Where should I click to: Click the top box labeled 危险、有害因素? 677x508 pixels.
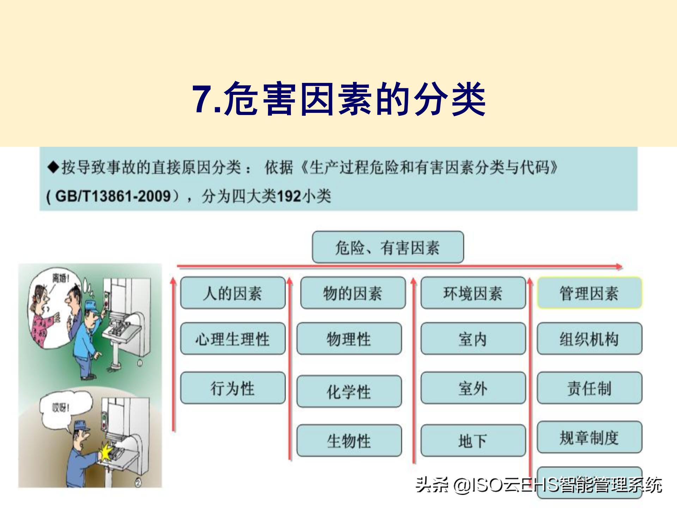tap(388, 247)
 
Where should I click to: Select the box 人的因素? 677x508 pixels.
tap(233, 293)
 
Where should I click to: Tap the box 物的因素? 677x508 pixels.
tap(353, 293)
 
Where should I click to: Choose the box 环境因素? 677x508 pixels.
tap(473, 293)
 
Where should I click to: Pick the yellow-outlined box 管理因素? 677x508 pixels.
tap(589, 293)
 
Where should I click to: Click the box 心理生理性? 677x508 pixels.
tap(233, 339)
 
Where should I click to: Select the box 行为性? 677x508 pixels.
tap(233, 388)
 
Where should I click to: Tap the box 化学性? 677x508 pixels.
tap(349, 391)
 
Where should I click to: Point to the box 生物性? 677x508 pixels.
tap(349, 441)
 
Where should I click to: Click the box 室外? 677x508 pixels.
tap(473, 388)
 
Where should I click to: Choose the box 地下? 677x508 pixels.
tap(473, 441)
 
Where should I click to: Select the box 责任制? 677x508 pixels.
tap(589, 388)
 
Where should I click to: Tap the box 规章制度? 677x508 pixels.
tap(589, 437)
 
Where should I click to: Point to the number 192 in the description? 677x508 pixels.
tap(288, 196)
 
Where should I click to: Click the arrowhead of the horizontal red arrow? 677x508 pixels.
tap(619, 267)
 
